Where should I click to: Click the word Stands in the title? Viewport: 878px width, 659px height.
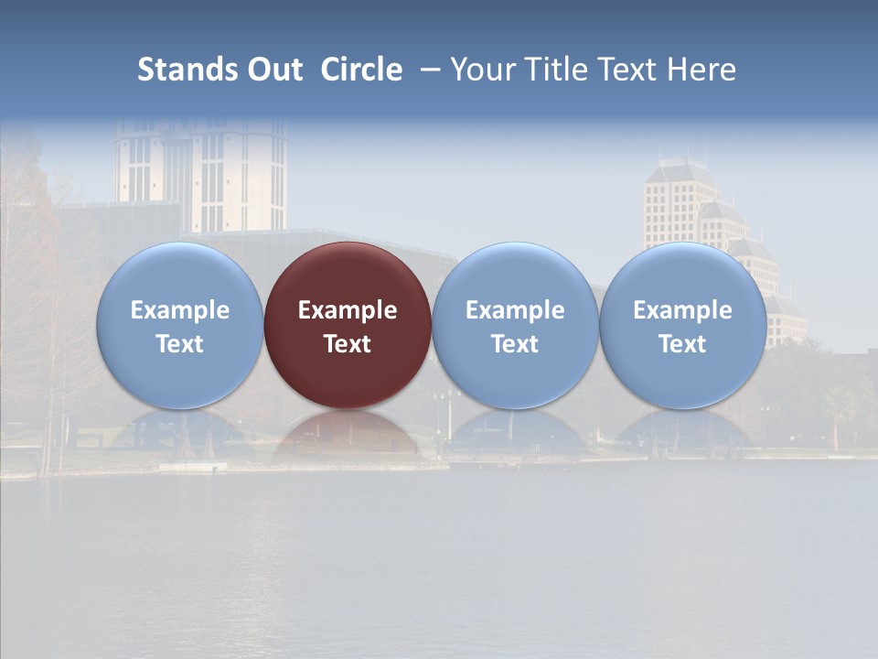click(186, 70)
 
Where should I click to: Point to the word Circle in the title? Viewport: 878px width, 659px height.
click(361, 70)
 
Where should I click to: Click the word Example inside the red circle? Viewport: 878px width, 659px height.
click(348, 310)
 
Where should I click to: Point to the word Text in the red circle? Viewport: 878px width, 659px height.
click(348, 344)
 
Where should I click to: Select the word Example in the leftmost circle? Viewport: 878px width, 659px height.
click(179, 310)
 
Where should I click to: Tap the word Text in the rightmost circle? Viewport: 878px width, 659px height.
click(682, 344)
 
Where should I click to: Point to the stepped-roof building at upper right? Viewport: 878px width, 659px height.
click(681, 206)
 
